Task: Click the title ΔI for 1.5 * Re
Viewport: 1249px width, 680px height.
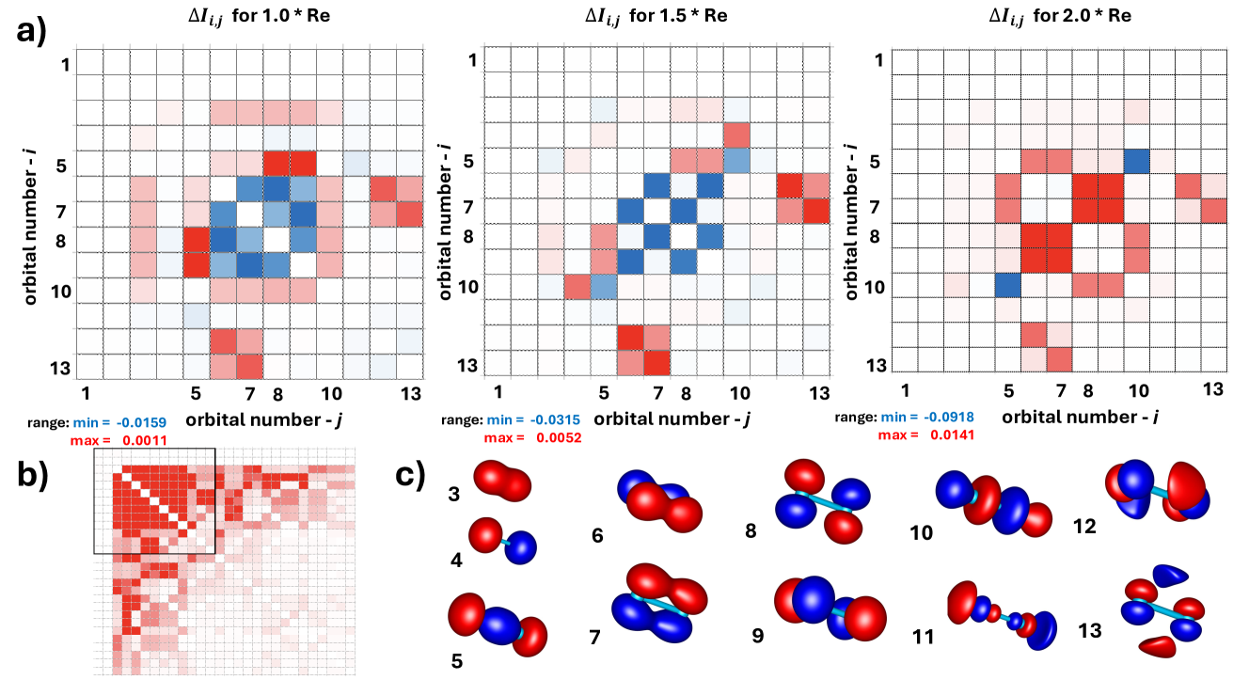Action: click(654, 17)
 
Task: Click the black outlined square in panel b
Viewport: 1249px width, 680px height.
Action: click(155, 500)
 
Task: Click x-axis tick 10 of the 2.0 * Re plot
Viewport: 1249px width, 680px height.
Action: click(1138, 388)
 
